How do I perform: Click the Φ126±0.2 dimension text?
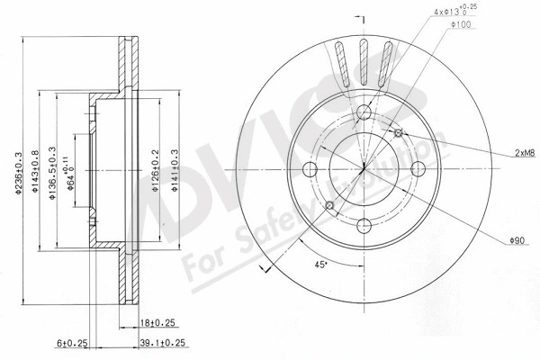pyautogui.click(x=155, y=168)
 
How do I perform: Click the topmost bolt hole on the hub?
pyautogui.click(x=364, y=112)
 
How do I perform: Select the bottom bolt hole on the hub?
pyautogui.click(x=364, y=228)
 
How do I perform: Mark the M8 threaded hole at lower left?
pyautogui.click(x=328, y=206)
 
